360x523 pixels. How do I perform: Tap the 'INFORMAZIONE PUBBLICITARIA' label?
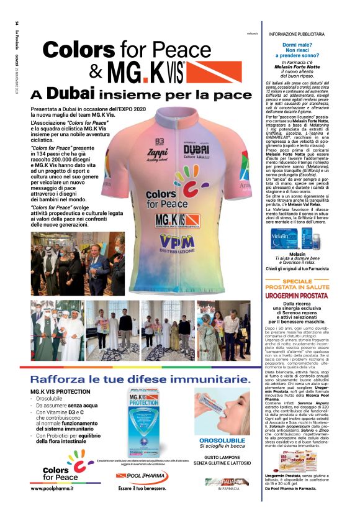(x=296, y=34)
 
